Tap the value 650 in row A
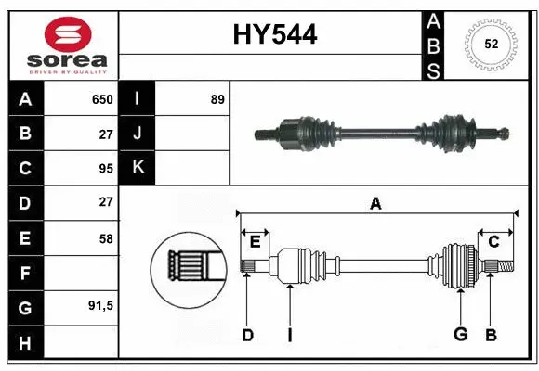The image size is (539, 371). click(x=101, y=99)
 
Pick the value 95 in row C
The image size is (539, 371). click(x=105, y=169)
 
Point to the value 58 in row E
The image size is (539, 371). click(x=105, y=238)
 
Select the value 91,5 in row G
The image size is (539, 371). click(x=99, y=305)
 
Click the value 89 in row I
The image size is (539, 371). click(x=217, y=99)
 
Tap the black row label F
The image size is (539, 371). click(x=25, y=274)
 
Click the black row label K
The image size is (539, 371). click(x=138, y=168)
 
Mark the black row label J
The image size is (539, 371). click(x=138, y=134)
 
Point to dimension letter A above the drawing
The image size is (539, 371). click(x=375, y=203)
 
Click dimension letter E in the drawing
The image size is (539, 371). click(x=255, y=242)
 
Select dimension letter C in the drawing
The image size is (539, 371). click(x=493, y=242)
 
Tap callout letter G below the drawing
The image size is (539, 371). click(x=459, y=335)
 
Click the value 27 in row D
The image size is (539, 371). click(x=105, y=202)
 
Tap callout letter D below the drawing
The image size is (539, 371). click(x=247, y=335)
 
